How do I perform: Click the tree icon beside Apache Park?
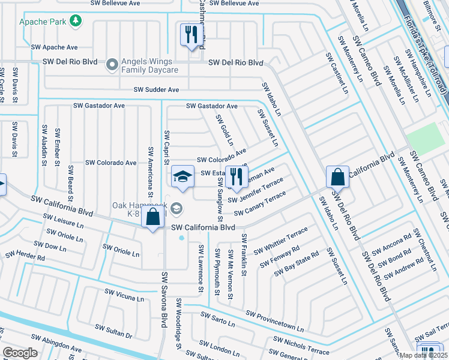tap(76, 22)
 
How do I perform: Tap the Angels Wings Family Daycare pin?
tap(112, 63)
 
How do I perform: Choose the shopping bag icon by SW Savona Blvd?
tap(153, 217)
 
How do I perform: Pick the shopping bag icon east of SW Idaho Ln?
tap(338, 178)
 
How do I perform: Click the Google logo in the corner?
tap(20, 353)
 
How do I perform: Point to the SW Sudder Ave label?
tap(156, 89)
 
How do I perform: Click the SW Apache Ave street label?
tap(55, 47)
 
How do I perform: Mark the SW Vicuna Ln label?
tap(124, 295)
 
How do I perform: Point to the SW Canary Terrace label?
tap(260, 205)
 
